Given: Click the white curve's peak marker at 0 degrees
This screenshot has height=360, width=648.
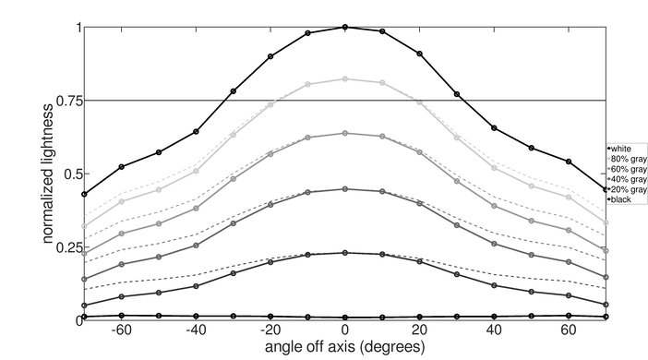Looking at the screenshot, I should click(345, 27).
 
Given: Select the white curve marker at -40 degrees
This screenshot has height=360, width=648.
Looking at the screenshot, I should click(196, 131).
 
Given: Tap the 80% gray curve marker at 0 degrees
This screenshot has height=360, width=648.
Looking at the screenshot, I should click(345, 79).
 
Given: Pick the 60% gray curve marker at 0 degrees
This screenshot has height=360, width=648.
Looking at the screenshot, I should click(345, 133).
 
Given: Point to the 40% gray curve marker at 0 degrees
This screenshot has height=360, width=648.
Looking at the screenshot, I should click(345, 189).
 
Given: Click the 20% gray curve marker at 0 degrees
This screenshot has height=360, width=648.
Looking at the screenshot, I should click(345, 252).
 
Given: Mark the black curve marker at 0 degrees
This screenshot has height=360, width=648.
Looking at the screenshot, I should click(345, 317).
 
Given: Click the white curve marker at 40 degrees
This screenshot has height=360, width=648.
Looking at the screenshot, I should click(495, 127).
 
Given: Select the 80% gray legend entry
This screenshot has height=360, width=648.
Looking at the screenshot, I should click(624, 158).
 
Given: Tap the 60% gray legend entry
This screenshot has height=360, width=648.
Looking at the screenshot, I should click(624, 168).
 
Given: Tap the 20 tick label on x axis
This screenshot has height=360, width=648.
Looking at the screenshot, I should click(420, 330).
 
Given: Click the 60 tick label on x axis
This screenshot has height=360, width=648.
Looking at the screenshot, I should click(569, 330).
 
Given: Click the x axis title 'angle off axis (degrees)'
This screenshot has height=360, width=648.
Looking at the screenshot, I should click(345, 347).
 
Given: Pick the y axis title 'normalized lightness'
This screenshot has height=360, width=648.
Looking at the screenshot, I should click(46, 173).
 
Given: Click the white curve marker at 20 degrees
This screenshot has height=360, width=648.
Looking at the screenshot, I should click(420, 54).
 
